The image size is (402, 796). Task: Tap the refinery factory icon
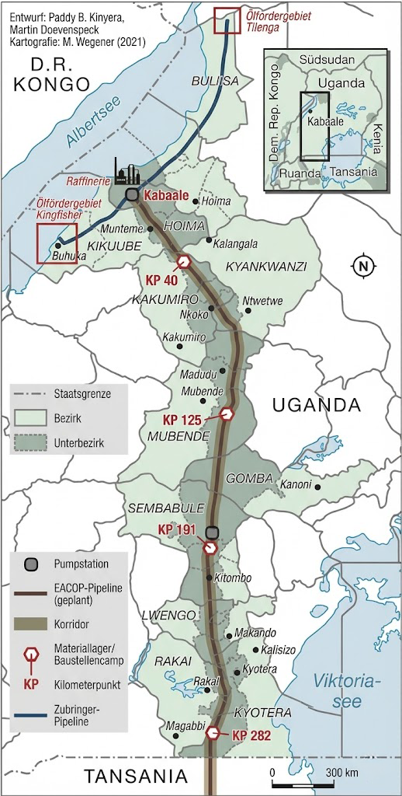click(125, 170)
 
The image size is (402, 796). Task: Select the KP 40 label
click(162, 279)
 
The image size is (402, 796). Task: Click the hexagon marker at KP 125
click(227, 414)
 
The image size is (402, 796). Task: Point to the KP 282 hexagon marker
click(213, 732)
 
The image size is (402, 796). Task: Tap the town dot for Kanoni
click(316, 487)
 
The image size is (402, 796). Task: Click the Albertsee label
click(74, 129)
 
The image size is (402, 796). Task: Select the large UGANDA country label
click(317, 404)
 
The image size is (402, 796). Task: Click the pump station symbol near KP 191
click(211, 533)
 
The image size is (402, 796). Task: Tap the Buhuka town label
click(69, 255)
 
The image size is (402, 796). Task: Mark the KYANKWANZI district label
click(266, 267)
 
